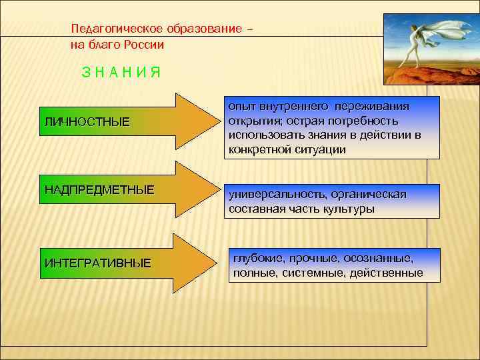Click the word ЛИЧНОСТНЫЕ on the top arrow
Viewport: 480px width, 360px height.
87,123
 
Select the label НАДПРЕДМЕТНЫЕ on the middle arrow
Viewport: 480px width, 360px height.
99,190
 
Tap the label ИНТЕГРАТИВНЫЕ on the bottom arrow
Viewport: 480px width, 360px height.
97,263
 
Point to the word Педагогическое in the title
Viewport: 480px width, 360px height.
113,30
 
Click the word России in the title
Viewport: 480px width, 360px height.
144,45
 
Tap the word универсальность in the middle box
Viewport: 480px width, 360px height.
270,194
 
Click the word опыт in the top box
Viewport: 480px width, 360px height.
240,106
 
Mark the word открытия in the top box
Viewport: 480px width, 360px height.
251,121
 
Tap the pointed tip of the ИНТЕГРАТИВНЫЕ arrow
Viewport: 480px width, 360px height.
219,263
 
